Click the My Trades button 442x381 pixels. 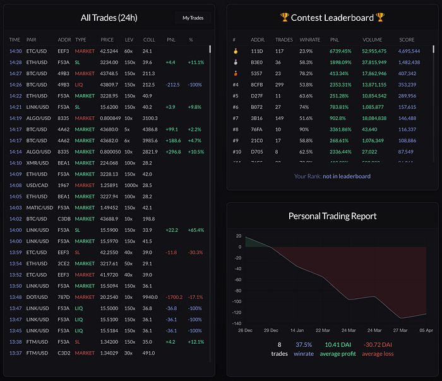[x=193, y=18]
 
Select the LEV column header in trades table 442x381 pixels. [x=129, y=40]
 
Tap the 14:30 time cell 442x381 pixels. [x=16, y=51]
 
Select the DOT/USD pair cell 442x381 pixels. [x=37, y=297]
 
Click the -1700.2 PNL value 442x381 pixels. [x=174, y=297]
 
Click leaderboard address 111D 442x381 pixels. [x=257, y=51]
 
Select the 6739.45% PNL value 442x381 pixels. [x=342, y=51]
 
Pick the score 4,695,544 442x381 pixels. [x=414, y=51]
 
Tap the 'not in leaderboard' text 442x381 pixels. [x=347, y=176]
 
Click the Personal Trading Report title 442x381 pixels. [x=332, y=215]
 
